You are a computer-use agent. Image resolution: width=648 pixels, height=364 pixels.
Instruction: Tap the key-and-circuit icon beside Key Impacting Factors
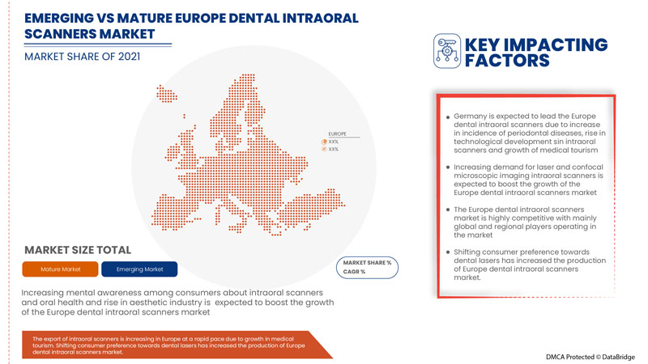[x=445, y=50]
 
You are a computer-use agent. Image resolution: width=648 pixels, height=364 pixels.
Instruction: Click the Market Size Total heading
[x=77, y=249]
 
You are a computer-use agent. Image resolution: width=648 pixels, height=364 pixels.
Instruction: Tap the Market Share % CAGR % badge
[x=367, y=267]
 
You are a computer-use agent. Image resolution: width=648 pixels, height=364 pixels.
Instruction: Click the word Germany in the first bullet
[x=473, y=116]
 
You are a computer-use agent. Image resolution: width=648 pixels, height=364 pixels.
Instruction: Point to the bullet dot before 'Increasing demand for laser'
[x=448, y=166]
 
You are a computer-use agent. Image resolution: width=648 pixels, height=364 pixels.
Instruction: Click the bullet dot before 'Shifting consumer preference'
[x=448, y=252]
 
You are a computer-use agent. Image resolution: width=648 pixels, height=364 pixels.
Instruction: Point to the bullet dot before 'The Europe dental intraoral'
[x=448, y=210]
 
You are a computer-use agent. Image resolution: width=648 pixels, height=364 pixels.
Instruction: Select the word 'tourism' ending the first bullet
[x=580, y=150]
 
